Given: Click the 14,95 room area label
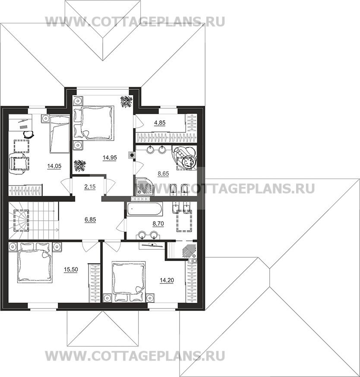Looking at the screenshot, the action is [x=110, y=158].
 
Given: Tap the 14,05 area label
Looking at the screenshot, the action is [x=54, y=166].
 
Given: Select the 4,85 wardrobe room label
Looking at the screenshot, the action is [x=160, y=123].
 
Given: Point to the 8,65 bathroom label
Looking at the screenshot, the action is [x=163, y=173].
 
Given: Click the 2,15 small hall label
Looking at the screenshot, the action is [x=90, y=187].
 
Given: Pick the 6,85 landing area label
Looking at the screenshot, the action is [x=90, y=220].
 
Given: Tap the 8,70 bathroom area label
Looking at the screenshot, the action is [x=158, y=224].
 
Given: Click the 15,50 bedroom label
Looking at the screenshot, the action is [x=71, y=270].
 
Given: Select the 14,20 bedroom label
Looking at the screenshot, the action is [x=167, y=280].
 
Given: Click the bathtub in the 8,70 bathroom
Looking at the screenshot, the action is [x=144, y=209].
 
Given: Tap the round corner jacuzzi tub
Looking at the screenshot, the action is [x=185, y=157].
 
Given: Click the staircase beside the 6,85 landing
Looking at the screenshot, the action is [x=34, y=220].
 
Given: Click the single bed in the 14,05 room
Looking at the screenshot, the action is [x=60, y=134].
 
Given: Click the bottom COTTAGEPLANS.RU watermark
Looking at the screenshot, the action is [x=135, y=356].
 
